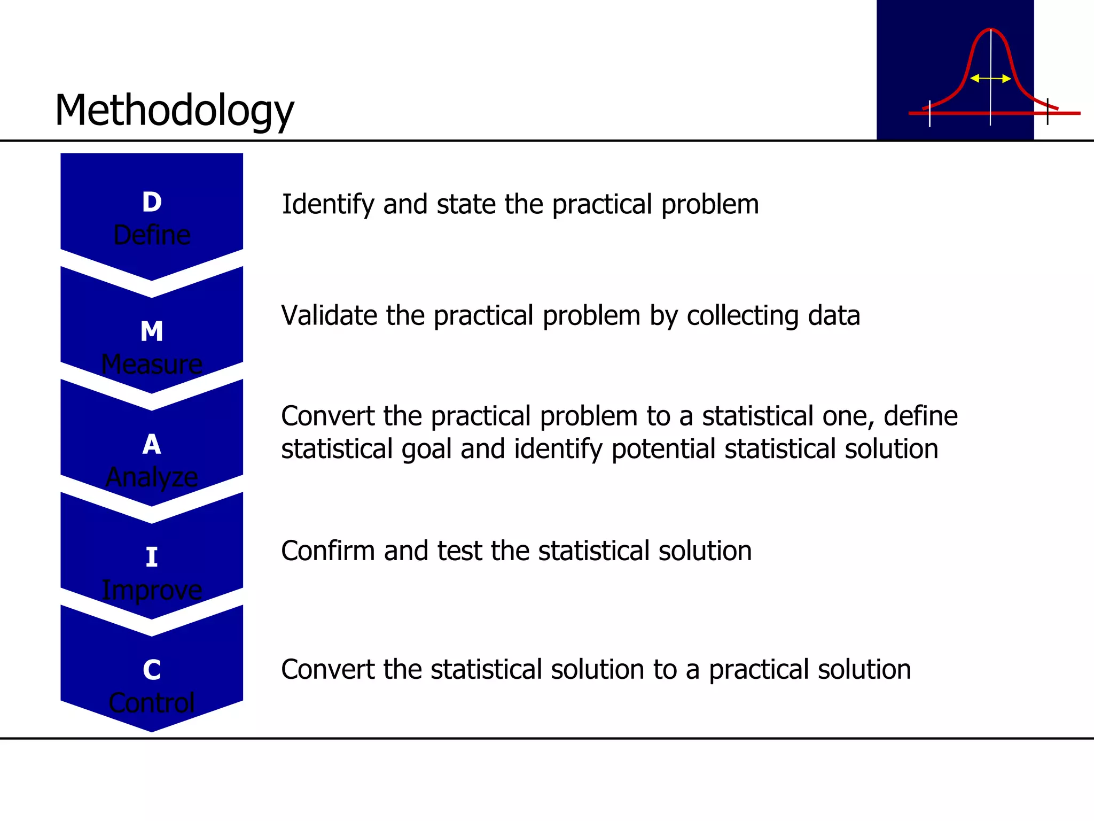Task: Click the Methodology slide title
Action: (x=174, y=111)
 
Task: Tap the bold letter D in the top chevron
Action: (x=152, y=202)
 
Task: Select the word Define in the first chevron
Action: (x=152, y=235)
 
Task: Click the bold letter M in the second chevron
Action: (x=152, y=331)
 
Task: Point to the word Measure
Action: (x=152, y=365)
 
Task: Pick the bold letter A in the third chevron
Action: (x=152, y=444)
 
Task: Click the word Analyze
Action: (x=152, y=477)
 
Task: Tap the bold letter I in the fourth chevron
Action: (x=152, y=557)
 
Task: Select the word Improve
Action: (x=152, y=591)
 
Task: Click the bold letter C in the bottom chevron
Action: (x=152, y=670)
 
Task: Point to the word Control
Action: (x=152, y=703)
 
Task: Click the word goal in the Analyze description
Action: (x=426, y=449)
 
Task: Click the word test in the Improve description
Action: (x=459, y=551)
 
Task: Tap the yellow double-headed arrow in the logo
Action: (x=990, y=79)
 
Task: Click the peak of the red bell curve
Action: (x=990, y=29)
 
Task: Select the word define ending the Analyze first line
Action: (x=920, y=416)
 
